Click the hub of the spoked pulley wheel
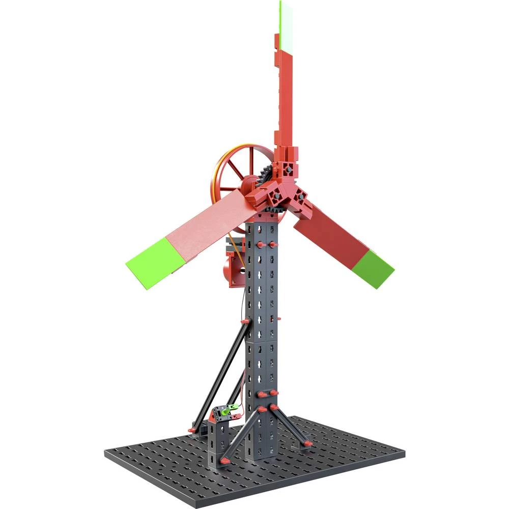(249, 184)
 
